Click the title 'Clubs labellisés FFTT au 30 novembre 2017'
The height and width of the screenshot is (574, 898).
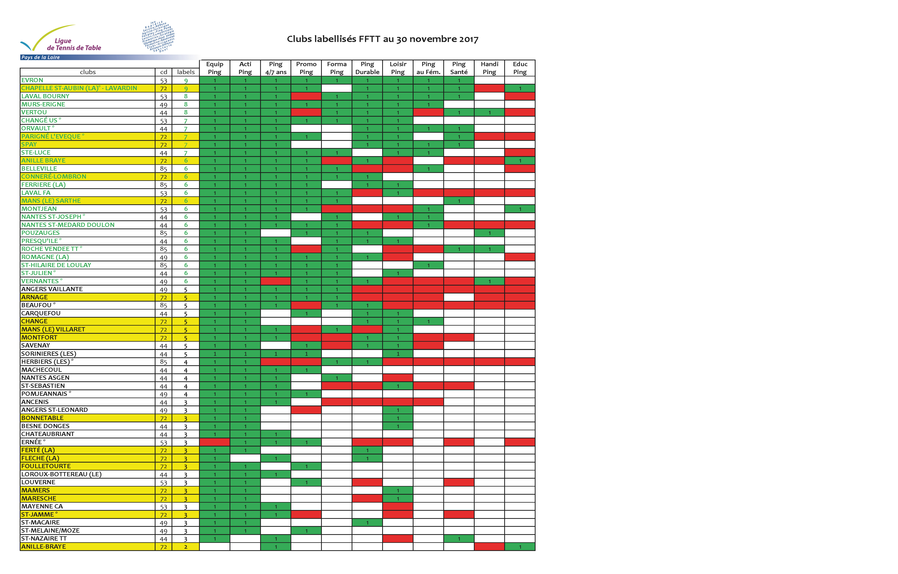coord(382,39)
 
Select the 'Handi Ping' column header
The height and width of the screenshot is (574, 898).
coord(489,68)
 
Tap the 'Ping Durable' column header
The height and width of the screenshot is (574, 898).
coord(367,68)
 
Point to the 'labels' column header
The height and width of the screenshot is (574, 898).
coord(186,72)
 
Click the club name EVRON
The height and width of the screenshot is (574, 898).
coord(32,80)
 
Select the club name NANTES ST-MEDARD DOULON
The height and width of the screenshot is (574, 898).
coord(68,225)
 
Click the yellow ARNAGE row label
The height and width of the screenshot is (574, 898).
coord(35,297)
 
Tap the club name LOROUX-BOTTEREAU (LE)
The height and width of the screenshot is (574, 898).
coord(62,474)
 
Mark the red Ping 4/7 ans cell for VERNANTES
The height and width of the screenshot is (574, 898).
coord(276,281)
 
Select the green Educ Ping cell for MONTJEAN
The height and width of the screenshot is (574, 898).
coord(520,209)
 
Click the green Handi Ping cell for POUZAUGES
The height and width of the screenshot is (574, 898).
coord(489,233)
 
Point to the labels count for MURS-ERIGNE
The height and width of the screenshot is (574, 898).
coord(186,104)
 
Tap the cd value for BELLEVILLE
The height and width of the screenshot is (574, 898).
coord(163,169)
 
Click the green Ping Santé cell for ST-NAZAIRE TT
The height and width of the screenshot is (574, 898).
coord(459,539)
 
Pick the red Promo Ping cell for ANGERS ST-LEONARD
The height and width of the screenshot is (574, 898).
coord(306,410)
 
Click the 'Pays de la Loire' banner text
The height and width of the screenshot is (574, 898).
coord(41,57)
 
